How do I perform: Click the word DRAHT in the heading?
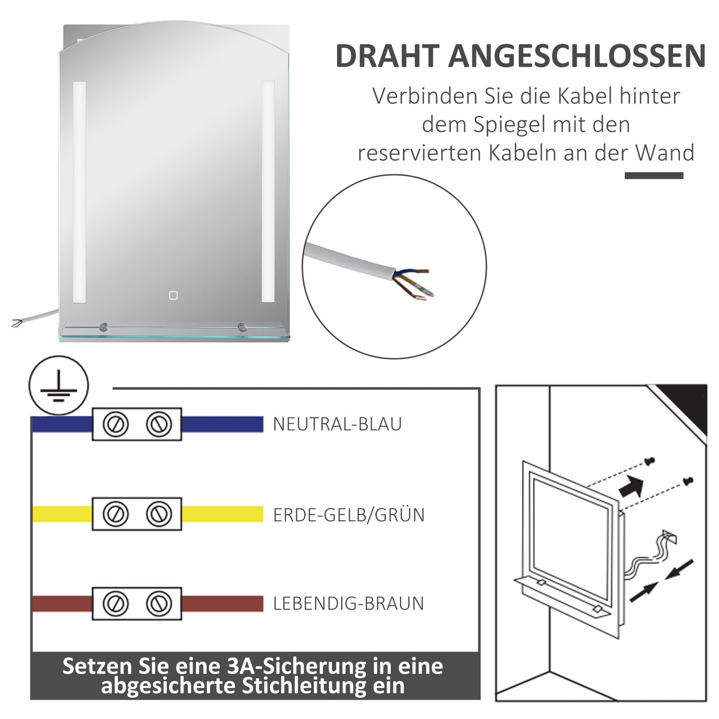387,56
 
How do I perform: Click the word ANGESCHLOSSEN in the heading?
577,56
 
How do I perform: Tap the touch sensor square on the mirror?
173,295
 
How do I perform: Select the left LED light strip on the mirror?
79,192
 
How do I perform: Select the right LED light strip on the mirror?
268,192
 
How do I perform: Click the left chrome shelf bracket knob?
104,328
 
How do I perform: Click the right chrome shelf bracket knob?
242,328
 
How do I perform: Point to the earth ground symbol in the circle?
58,386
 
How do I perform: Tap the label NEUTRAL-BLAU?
337,425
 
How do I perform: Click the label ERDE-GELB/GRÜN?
348,515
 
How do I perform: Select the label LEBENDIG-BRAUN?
348,604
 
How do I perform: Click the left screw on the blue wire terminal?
116,424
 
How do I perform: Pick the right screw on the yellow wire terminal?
159,514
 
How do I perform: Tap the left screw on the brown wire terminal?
116,603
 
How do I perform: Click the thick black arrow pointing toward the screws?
632,486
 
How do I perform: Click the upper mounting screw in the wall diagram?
649,461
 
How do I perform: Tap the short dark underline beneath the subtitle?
653,176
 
